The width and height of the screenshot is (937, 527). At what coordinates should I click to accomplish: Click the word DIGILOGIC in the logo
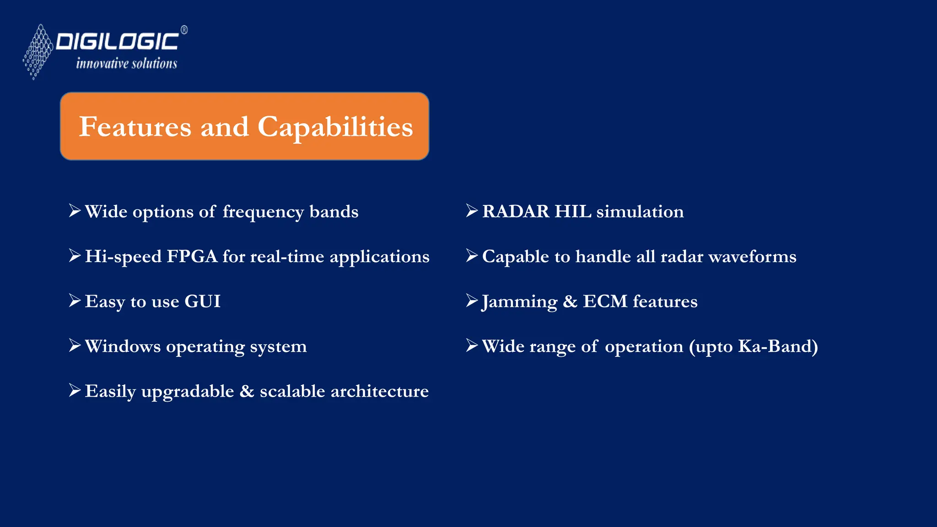[x=117, y=42]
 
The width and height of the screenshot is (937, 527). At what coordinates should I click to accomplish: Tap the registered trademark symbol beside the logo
[x=184, y=30]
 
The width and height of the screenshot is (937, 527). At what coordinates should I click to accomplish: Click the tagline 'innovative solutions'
[x=126, y=64]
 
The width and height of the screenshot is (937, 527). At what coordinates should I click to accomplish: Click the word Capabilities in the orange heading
[x=335, y=127]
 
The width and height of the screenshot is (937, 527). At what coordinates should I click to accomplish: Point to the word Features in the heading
[x=135, y=127]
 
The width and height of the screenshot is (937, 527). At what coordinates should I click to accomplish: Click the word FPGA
[x=192, y=256]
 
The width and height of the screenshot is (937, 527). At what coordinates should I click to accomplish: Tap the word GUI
[x=202, y=301]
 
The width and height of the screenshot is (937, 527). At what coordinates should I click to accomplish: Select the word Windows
[x=123, y=346]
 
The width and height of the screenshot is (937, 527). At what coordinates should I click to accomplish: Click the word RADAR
[x=516, y=211]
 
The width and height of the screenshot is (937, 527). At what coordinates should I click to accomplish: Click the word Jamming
[x=519, y=302]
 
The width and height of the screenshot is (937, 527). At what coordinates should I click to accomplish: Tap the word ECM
[x=605, y=301]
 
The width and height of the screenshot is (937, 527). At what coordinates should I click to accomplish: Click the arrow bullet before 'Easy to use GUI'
[x=75, y=301]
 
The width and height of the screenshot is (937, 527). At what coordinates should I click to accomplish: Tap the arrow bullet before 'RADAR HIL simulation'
[x=472, y=210]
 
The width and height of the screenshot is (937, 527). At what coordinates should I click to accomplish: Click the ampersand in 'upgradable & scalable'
[x=247, y=391]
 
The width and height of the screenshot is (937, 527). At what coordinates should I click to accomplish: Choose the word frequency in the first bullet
[x=263, y=212]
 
